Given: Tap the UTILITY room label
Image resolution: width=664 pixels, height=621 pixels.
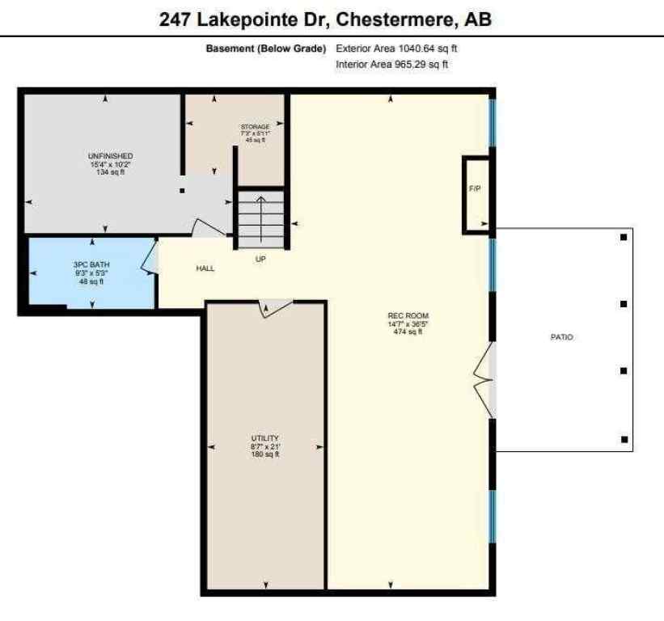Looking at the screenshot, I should tap(264, 438).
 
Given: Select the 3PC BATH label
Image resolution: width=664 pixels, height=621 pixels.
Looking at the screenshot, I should tap(91, 266).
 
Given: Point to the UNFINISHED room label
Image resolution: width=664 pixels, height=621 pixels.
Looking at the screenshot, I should tap(111, 156).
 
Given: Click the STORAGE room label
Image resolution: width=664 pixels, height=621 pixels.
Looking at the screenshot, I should tap(255, 127).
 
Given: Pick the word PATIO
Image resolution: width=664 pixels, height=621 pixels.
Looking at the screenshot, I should tap(561, 337).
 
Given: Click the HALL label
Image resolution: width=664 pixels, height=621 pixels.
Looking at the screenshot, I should tap(205, 268).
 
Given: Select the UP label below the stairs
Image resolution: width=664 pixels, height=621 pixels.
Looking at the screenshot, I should tap(260, 260).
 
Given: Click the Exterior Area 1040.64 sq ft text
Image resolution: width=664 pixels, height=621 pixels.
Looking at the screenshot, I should tap(397, 49).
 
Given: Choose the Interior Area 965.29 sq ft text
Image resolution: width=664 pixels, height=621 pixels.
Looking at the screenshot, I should tap(391, 64).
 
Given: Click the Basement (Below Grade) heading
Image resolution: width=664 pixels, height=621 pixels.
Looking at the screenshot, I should tap(265, 49).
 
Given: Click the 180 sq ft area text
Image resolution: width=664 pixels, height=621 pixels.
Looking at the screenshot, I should tap(264, 454).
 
